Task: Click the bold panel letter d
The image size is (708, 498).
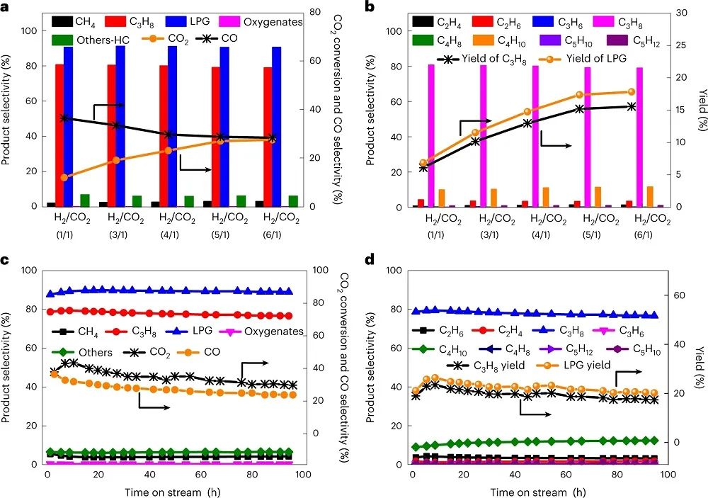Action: click(370, 260)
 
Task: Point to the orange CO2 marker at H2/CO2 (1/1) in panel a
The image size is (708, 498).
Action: click(65, 177)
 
